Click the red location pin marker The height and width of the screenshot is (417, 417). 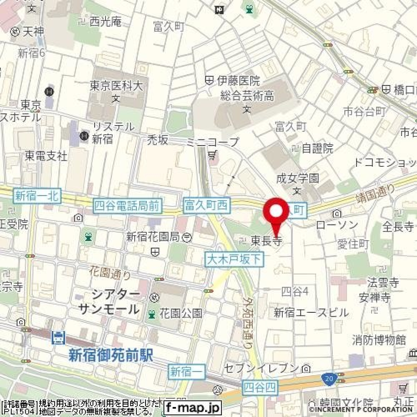[x=277, y=212]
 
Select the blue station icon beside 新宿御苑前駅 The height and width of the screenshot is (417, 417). [x=58, y=337]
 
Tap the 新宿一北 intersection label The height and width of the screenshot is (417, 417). [x=37, y=195]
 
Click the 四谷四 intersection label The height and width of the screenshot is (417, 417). [x=260, y=387]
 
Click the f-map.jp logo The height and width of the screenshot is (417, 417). [x=192, y=408]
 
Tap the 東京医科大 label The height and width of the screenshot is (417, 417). [x=116, y=86]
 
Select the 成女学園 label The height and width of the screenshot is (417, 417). [x=298, y=178]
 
